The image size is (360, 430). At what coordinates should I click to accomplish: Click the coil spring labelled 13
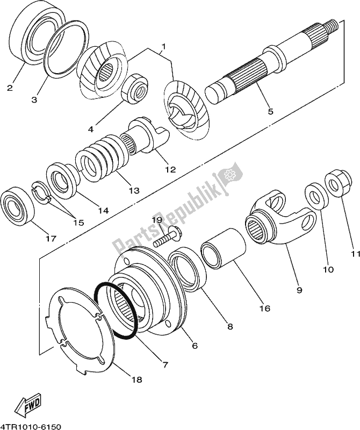point(105,161)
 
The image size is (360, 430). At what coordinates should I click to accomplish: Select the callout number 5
point(270,112)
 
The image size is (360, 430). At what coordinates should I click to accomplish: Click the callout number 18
point(136,379)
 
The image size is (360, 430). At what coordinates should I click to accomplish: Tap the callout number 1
point(163,47)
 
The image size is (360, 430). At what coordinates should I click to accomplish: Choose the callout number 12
point(170,169)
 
